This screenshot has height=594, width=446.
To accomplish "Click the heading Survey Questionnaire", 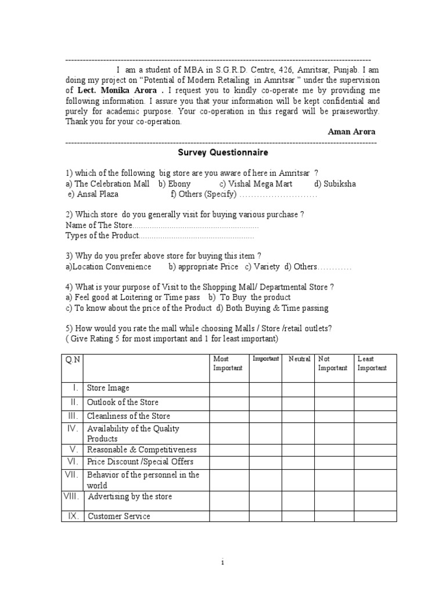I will [223, 153].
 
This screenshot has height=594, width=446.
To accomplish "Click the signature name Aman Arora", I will [351, 132].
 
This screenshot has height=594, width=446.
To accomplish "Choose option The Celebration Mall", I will [107, 184].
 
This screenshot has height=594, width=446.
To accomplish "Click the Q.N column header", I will [73, 360].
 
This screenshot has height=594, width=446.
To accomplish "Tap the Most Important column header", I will [228, 364].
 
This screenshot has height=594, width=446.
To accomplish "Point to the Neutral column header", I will [300, 359].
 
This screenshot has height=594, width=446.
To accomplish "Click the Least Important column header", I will [372, 364].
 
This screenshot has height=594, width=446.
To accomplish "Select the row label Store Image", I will [108, 388].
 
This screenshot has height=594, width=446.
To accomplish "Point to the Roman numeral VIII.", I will [73, 497].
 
